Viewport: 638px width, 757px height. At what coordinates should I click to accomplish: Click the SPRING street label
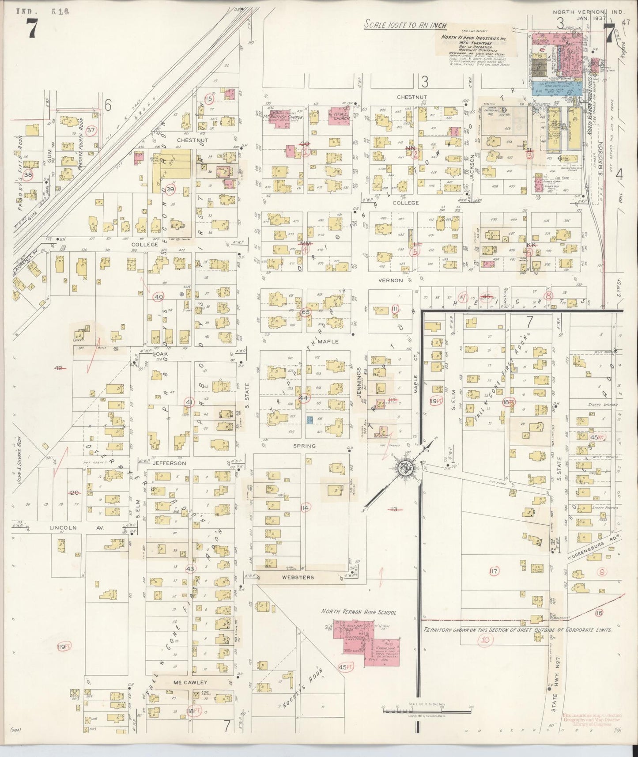pyautogui.click(x=305, y=446)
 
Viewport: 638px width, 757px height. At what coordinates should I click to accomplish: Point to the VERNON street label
pyautogui.click(x=390, y=280)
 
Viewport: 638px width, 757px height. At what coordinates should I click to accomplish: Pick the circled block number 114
pyautogui.click(x=304, y=508)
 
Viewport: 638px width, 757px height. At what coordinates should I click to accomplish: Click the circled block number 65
pyautogui.click(x=305, y=312)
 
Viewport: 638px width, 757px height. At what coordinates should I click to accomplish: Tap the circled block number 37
pyautogui.click(x=91, y=130)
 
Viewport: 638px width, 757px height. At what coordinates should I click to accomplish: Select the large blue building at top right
pyautogui.click(x=555, y=87)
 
